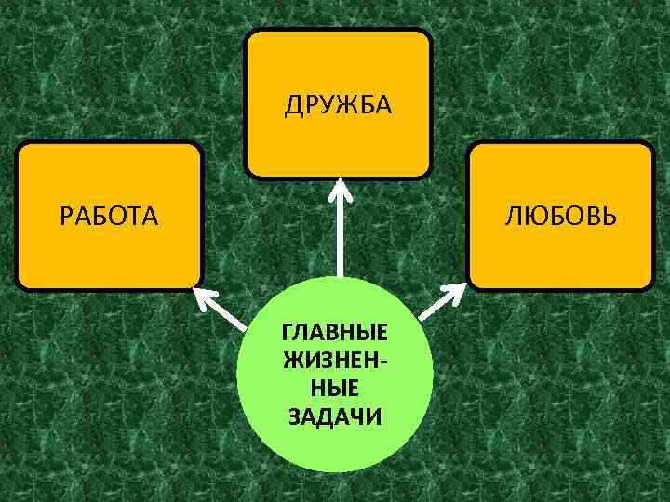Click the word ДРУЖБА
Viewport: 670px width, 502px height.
(x=339, y=105)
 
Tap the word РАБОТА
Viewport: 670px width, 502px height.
(x=109, y=218)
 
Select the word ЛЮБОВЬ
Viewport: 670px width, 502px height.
(x=560, y=218)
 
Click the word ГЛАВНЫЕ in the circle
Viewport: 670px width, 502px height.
(x=335, y=333)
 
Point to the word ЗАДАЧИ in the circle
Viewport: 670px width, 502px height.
(x=335, y=415)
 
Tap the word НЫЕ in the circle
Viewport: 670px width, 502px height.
(x=335, y=388)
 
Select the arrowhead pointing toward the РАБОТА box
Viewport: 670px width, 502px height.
(x=204, y=298)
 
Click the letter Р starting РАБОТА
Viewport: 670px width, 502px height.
(x=65, y=218)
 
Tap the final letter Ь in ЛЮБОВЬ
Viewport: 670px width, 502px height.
(x=607, y=218)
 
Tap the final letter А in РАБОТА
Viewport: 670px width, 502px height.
(x=150, y=218)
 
